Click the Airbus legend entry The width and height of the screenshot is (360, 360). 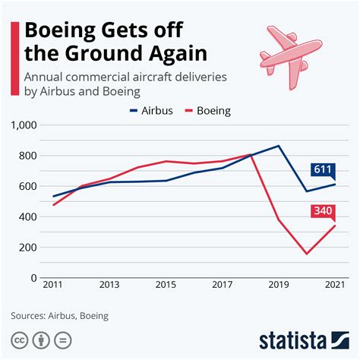151,111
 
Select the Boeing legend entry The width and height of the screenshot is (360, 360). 207,111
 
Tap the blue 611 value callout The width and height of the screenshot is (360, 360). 323,170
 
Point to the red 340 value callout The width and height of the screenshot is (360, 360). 323,211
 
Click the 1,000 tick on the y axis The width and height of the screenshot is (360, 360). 24,125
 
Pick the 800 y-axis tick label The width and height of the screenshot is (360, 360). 28,156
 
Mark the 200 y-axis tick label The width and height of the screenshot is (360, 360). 28,248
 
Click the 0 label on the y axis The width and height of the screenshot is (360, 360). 34,278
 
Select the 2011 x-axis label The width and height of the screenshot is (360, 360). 52,285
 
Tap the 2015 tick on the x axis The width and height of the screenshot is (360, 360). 166,285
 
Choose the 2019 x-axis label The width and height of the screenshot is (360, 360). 279,285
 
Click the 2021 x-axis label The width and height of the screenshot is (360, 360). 335,285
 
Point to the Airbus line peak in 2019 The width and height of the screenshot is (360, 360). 279,146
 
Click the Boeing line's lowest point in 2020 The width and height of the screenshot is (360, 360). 307,254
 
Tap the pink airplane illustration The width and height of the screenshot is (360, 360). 291,57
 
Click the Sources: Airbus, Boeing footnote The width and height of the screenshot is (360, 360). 60,316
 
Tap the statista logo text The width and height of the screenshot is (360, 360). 293,341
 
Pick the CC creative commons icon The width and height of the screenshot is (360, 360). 20,340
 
